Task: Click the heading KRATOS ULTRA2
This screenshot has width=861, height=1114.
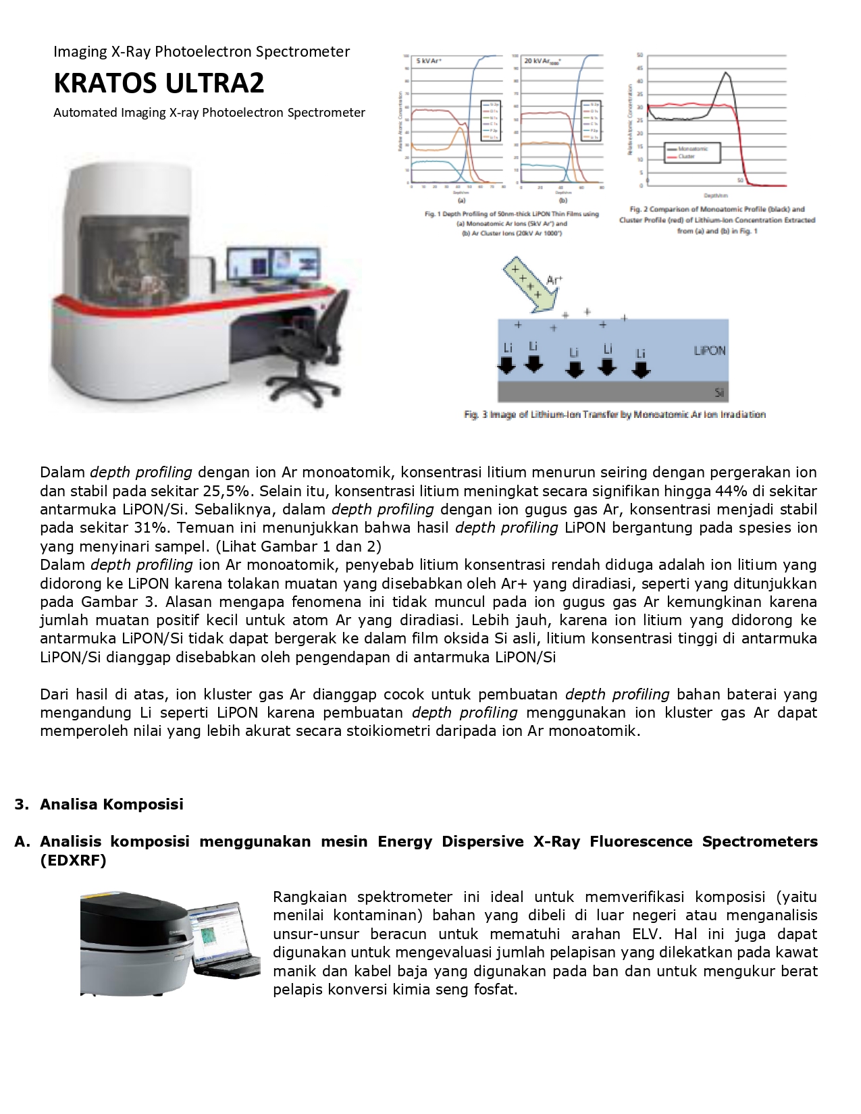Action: (x=159, y=83)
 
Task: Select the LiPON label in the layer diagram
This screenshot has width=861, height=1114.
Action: (x=709, y=350)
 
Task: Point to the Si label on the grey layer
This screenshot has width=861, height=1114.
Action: (x=719, y=392)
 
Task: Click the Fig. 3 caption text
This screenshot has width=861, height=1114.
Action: (x=615, y=415)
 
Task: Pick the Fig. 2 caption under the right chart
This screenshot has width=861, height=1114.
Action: (x=717, y=220)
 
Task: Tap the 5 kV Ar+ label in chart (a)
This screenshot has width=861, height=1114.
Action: (x=429, y=61)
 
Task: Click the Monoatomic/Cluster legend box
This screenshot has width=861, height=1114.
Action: (x=692, y=153)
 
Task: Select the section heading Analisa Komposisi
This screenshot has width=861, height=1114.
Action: (x=111, y=804)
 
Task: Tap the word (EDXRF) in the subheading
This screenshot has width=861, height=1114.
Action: (x=73, y=860)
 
